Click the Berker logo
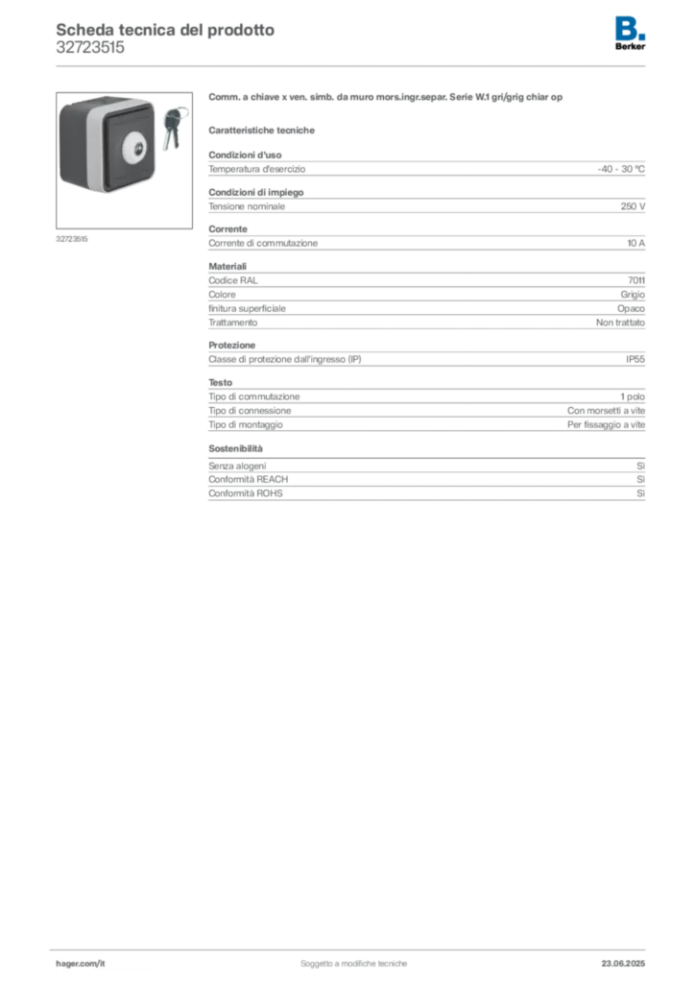click(630, 34)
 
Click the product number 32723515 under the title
click(90, 48)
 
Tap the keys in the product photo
click(174, 129)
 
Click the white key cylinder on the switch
click(138, 149)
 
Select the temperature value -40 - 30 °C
click(620, 169)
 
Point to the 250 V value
click(633, 206)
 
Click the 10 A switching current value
click(635, 243)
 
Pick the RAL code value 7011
click(636, 280)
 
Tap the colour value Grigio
click(633, 295)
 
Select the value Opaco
click(631, 308)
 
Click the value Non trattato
click(620, 323)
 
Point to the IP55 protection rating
click(635, 359)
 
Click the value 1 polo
click(633, 396)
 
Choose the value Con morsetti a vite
click(606, 411)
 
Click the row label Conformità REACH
click(249, 480)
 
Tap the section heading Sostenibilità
click(235, 449)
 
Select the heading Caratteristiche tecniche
click(261, 131)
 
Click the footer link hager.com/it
click(81, 964)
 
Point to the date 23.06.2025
click(623, 964)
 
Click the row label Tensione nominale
click(247, 206)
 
